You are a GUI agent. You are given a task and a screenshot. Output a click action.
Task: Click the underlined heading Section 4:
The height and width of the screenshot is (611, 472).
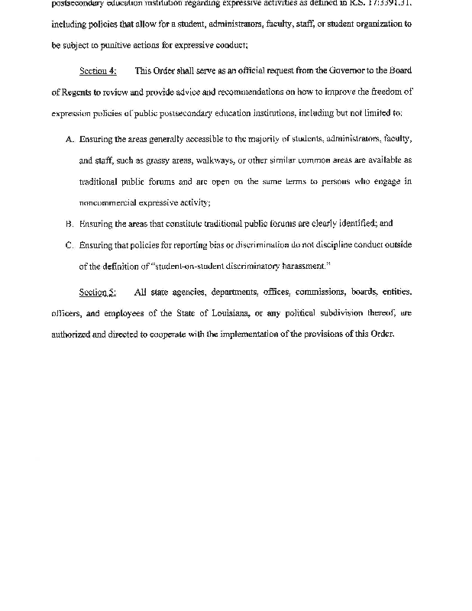98,71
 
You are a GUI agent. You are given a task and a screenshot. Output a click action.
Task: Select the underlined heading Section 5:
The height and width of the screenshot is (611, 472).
98,292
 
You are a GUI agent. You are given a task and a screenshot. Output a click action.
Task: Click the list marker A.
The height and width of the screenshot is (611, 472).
70,139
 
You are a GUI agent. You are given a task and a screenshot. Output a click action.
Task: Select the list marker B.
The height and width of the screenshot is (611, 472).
70,224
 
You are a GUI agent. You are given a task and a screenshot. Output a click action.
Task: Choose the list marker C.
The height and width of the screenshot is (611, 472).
70,245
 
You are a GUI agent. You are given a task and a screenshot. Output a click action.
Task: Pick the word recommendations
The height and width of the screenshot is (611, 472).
235,92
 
